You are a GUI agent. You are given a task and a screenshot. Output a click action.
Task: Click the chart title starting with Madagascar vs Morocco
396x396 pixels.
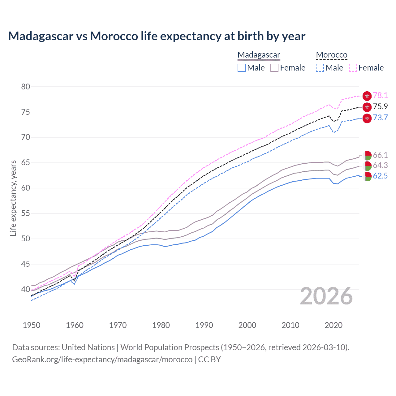[157, 36]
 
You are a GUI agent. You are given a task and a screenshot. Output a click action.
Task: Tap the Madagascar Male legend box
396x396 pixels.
[242, 68]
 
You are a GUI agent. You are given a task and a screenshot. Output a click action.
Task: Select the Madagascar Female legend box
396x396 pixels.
[275, 68]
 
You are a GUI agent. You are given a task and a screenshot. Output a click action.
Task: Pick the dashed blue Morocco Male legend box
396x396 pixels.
[320, 68]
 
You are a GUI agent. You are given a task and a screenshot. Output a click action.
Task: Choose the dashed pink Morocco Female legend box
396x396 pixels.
[353, 68]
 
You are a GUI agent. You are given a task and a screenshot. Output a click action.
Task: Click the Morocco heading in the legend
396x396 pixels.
[332, 55]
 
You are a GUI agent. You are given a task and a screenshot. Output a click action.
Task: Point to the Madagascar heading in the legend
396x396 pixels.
[259, 55]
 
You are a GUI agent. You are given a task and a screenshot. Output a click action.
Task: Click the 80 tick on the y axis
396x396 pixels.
[26, 87]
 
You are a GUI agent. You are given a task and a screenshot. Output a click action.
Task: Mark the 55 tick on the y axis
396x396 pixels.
[26, 213]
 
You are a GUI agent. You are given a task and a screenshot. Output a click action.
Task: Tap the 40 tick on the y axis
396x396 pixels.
[26, 290]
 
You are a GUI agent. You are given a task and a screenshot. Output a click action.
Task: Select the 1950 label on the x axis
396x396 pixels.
[32, 325]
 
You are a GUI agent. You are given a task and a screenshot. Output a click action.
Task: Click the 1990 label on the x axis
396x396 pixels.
[204, 325]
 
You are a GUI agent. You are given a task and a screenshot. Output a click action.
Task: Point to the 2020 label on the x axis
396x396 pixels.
[334, 325]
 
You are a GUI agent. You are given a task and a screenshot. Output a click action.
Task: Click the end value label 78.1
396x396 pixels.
[380, 95]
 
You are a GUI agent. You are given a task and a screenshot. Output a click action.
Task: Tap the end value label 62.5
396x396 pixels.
[380, 176]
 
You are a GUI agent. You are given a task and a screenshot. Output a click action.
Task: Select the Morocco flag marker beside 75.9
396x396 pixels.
[367, 107]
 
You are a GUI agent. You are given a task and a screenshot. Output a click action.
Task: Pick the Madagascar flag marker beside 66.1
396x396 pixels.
[367, 155]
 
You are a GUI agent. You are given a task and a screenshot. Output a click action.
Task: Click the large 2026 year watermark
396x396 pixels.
[326, 296]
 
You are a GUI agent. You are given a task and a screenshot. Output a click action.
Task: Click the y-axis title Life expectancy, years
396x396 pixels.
[13, 198]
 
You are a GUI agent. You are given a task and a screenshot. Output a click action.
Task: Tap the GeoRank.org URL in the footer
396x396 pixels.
[102, 359]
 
